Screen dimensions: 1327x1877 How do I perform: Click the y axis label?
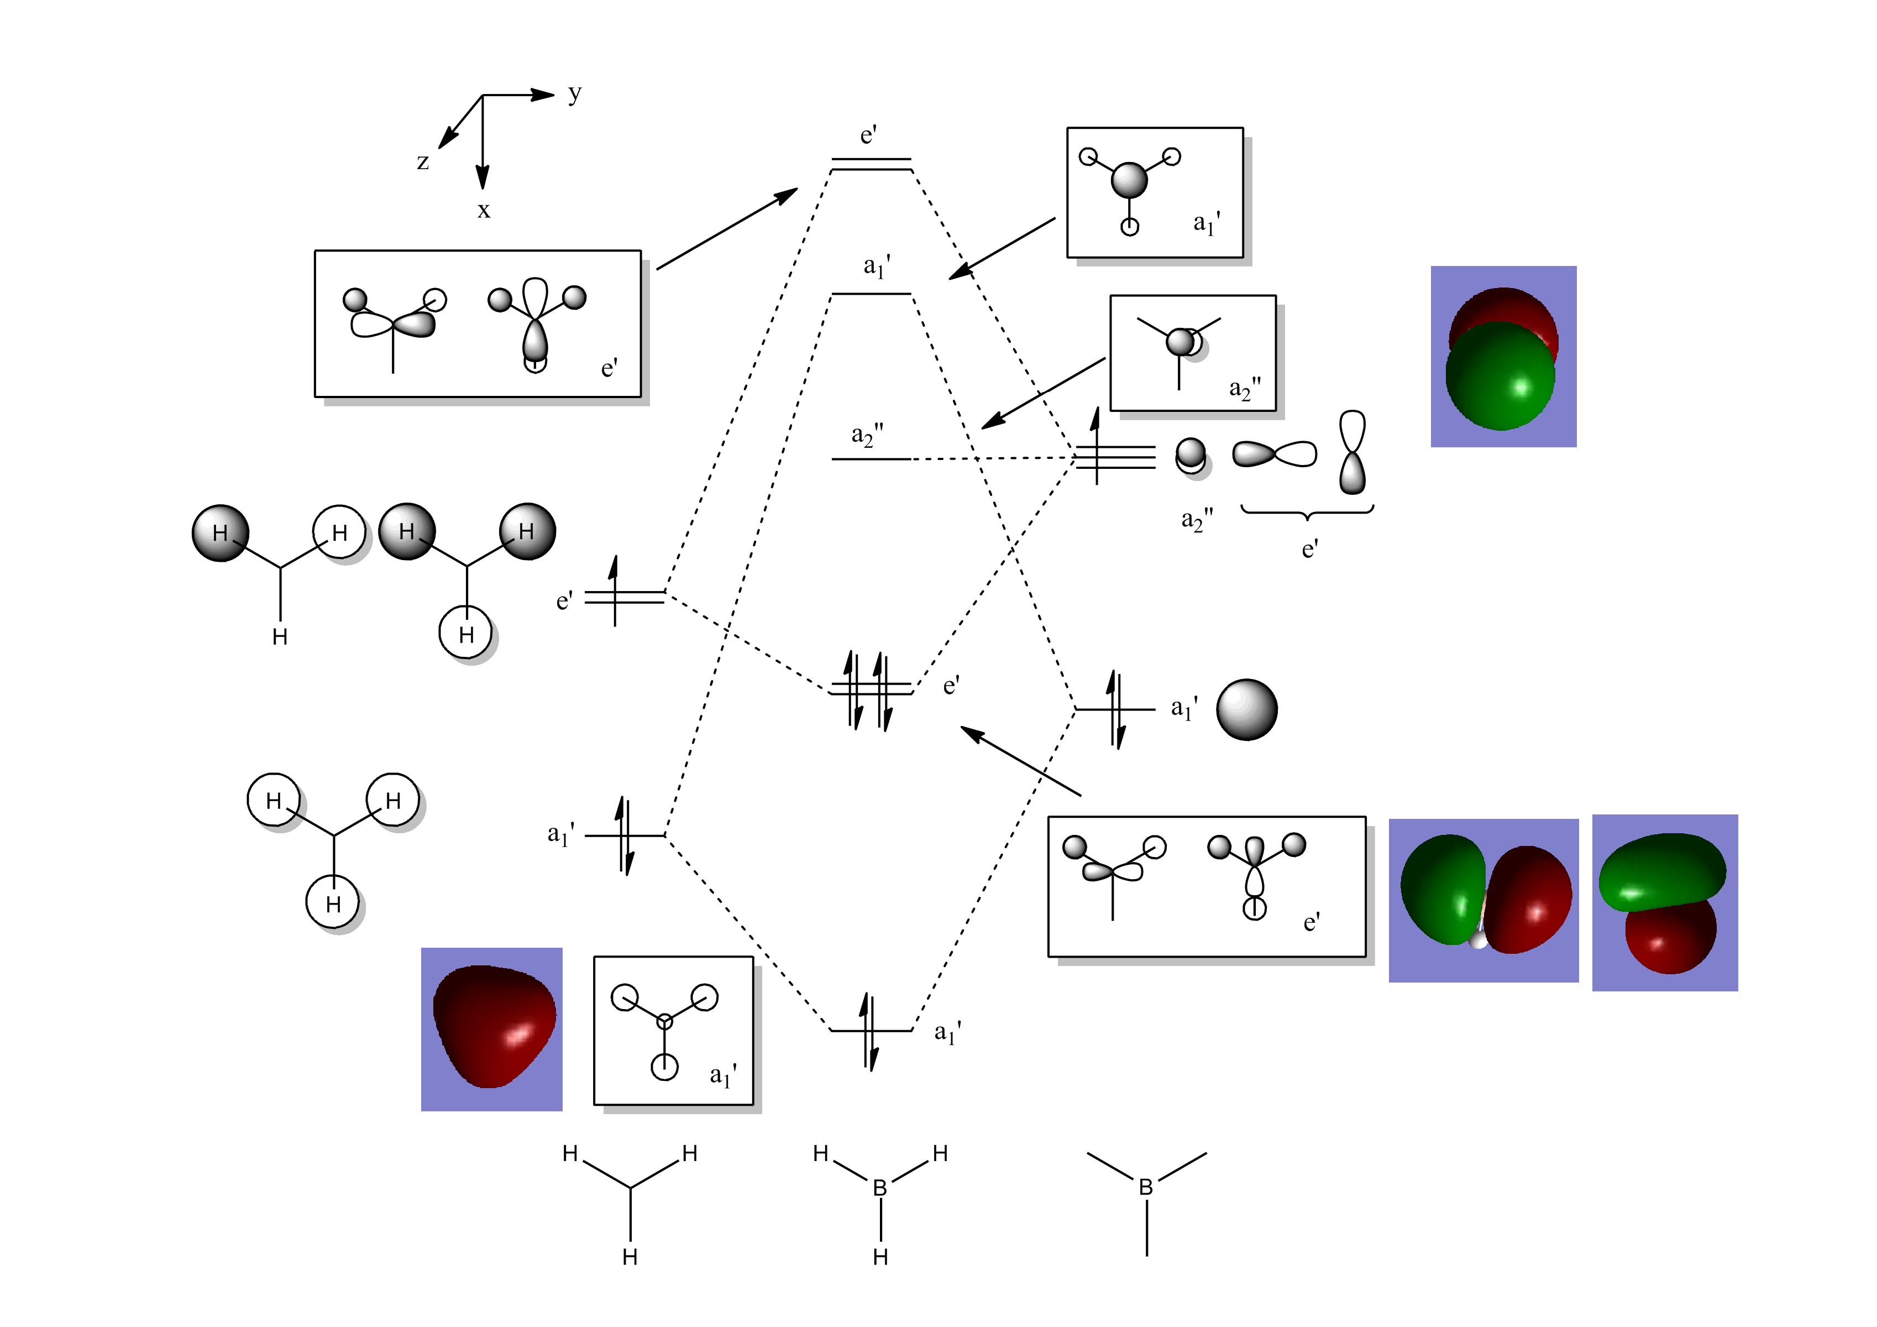tap(575, 94)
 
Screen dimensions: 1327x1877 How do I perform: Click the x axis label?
tap(484, 211)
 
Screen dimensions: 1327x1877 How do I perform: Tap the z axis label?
tap(423, 162)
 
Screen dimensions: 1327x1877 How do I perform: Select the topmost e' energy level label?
tap(868, 135)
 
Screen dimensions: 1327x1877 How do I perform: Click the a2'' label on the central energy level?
tap(867, 435)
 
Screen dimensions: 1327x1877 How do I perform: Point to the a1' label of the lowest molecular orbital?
tap(947, 1033)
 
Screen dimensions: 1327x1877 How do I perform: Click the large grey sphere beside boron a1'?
tap(1246, 710)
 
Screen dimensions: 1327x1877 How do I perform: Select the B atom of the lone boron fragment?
tap(1146, 1187)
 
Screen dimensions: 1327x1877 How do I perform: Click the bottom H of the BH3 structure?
tap(880, 1257)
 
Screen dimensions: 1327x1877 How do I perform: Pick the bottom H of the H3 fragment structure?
tap(630, 1257)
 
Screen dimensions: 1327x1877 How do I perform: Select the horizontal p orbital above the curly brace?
tap(1275, 454)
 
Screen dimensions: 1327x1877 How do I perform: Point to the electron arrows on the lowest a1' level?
tap(870, 1032)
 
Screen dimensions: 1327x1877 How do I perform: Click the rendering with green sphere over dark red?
tap(1503, 357)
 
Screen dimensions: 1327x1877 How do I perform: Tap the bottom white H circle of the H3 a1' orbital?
tap(333, 903)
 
